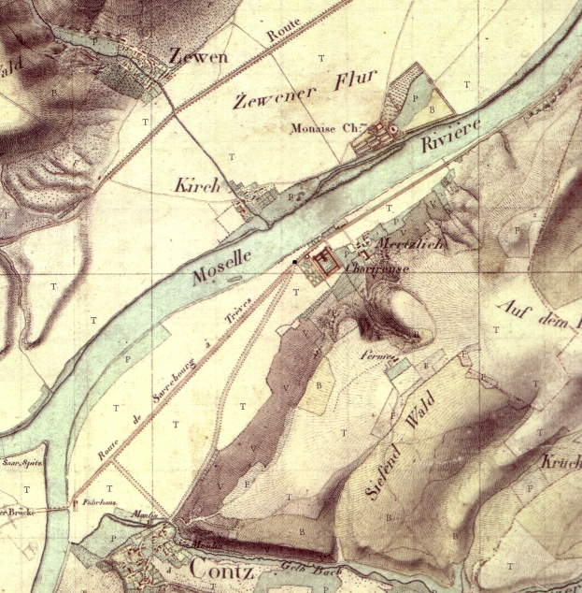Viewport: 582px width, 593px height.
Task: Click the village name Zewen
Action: point(198,57)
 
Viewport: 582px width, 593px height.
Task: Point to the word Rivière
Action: point(451,137)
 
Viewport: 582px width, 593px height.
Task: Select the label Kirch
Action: point(197,185)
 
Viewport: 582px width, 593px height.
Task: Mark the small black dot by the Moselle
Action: point(294,262)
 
